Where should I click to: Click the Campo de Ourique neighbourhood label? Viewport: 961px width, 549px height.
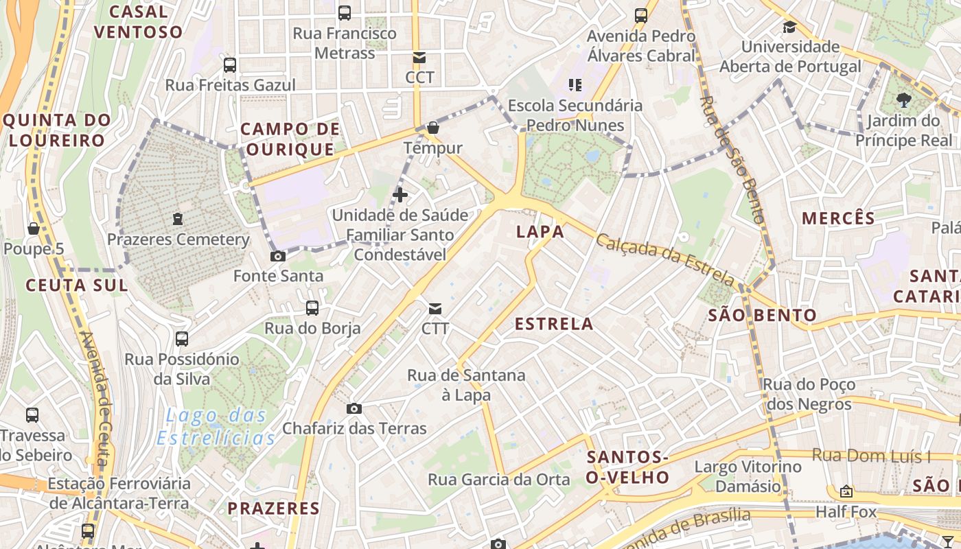pos(290,139)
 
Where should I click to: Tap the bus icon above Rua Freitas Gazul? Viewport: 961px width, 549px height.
pos(230,65)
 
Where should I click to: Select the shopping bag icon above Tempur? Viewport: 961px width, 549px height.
pos(433,128)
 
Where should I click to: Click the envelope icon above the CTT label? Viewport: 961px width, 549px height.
pos(435,308)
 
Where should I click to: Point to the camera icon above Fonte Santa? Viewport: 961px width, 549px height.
pos(278,257)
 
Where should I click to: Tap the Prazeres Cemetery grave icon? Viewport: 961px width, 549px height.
pos(178,219)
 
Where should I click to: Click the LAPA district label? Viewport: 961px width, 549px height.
pos(540,232)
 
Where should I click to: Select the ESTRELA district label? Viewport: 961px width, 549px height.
pos(554,324)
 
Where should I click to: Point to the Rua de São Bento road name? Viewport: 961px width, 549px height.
pos(732,159)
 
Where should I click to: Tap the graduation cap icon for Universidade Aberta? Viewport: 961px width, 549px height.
pos(789,27)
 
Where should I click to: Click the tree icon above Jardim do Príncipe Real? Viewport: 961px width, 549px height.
pos(903,101)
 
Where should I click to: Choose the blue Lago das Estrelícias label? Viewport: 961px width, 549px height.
pos(216,426)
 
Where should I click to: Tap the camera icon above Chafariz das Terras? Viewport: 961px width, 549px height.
pos(354,409)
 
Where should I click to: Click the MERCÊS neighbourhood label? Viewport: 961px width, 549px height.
pos(838,219)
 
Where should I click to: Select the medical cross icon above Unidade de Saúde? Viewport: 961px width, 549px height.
pos(400,195)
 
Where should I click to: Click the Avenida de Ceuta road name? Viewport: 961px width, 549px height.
pos(96,398)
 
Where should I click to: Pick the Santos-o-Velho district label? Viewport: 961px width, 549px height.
pos(627,467)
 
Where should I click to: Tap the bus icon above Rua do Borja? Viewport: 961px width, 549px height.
pos(312,308)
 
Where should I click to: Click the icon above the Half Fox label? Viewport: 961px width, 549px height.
pos(846,491)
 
